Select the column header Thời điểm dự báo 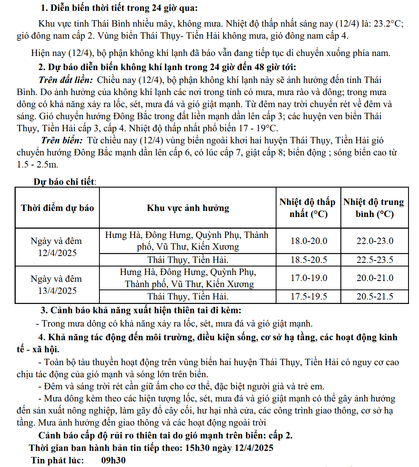(x=57, y=208)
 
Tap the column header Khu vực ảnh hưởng (x=188, y=208)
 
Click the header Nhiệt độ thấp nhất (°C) (x=308, y=208)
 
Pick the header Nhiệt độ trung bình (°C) (x=374, y=208)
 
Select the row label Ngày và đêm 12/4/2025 (x=56, y=247)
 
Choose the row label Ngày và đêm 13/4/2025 (x=56, y=285)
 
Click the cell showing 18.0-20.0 (x=309, y=241)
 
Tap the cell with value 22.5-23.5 (x=375, y=260)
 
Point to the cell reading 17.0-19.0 (x=309, y=278)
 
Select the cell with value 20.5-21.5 (x=375, y=297)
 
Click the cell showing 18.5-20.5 (x=309, y=260)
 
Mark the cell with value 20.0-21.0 (x=375, y=278)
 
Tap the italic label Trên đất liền (x=66, y=80)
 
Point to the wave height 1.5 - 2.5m (x=37, y=165)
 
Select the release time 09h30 (x=113, y=460)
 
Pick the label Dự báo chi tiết (x=65, y=182)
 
